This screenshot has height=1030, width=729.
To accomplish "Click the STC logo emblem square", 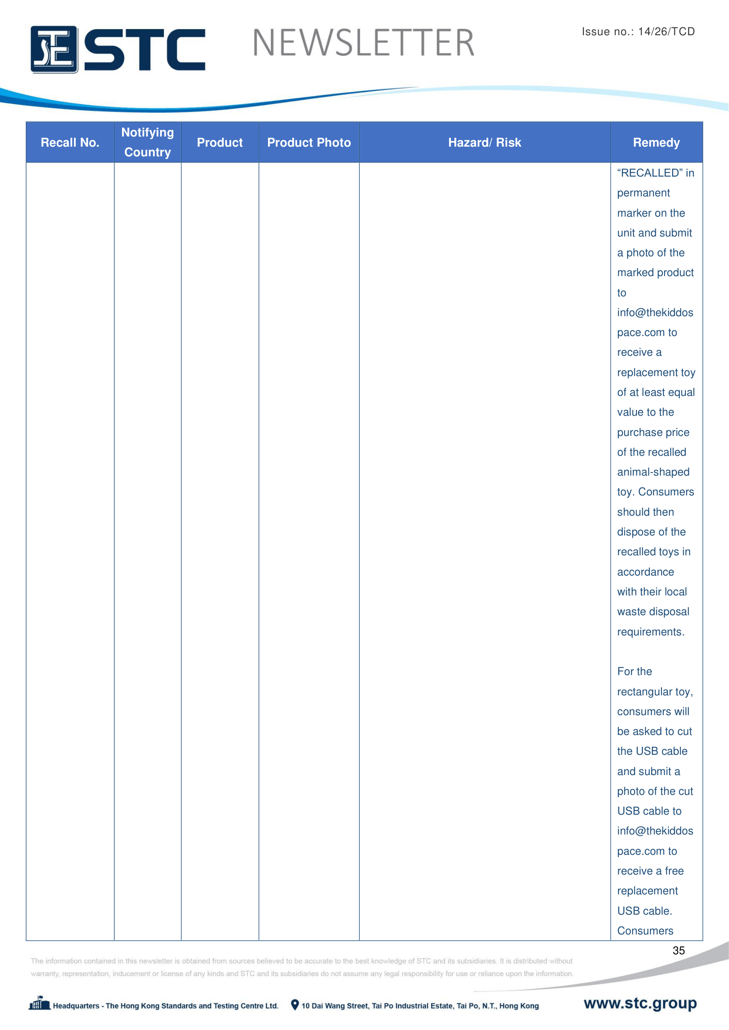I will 54,49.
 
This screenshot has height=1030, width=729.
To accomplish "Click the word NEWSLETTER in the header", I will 363,43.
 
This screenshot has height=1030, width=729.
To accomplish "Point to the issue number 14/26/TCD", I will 666,31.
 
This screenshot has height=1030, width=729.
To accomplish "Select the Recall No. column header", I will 70,143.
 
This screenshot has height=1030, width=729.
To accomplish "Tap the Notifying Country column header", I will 147,142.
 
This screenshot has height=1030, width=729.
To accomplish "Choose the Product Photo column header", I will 309,143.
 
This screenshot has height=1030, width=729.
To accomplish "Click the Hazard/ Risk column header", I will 484,143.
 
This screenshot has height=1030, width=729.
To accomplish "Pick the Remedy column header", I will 656,143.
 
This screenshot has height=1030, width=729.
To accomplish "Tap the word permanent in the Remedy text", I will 643,193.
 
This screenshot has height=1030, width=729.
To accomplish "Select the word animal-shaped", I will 653,472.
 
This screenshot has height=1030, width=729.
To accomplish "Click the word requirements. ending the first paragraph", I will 651,631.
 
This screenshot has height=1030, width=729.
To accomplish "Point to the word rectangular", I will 647,692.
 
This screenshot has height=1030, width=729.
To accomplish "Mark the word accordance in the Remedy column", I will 645,572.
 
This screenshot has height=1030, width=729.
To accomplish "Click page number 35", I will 678,951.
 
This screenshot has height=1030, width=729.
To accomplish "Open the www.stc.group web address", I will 640,1003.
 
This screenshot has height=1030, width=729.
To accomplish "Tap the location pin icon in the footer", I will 294,1005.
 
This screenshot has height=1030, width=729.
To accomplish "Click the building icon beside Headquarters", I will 40,1004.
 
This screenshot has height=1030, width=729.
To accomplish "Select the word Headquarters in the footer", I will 76,1006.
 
